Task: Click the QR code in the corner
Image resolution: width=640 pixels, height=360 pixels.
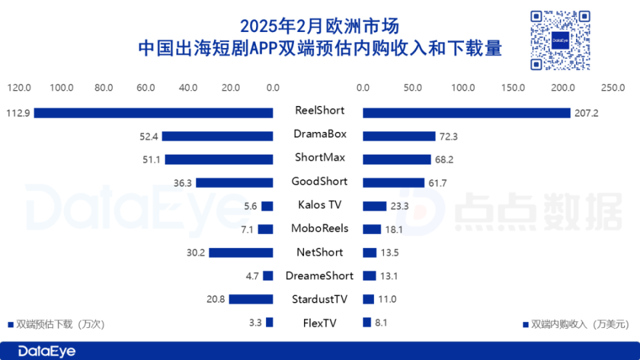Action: point(560,40)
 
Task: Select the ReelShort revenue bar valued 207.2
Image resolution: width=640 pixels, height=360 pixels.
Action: point(467,113)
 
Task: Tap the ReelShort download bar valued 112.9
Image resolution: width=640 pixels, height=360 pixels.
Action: point(153,113)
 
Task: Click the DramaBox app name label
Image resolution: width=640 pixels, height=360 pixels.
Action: point(320,134)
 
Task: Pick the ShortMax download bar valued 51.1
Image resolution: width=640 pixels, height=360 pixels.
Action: point(219,159)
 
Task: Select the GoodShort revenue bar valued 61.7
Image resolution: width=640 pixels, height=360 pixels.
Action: point(393,183)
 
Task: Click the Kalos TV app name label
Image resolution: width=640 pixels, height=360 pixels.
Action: point(320,205)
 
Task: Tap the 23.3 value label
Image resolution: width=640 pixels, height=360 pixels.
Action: point(400,206)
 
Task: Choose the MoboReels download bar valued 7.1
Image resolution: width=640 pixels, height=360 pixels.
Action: point(265,229)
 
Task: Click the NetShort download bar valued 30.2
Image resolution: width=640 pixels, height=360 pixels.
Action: point(241,253)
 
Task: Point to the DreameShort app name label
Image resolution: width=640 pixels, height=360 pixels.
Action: point(320,275)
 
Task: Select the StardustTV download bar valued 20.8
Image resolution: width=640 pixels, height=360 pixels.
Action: point(251,299)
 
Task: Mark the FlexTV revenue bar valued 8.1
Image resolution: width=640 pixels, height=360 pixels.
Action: point(367,323)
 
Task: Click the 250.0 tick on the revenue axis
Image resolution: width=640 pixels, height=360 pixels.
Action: point(612,87)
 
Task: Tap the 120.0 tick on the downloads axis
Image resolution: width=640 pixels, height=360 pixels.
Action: point(19,87)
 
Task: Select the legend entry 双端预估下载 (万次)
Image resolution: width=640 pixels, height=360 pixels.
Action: point(56,325)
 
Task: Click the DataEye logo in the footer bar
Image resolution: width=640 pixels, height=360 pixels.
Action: point(47,351)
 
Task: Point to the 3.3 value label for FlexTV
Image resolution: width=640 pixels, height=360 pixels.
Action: point(255,323)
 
